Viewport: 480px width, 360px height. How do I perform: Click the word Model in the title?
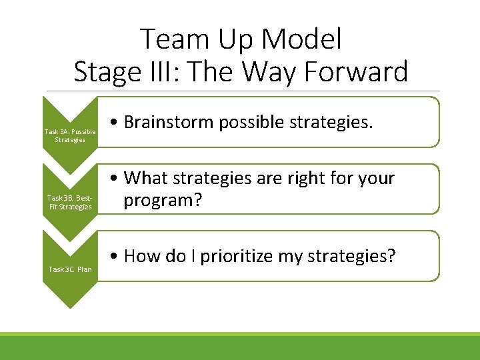click(x=301, y=40)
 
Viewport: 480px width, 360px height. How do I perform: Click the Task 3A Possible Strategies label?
click(x=69, y=135)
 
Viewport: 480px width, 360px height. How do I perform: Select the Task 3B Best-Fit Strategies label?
click(x=69, y=203)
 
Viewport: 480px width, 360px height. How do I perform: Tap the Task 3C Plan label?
click(x=70, y=269)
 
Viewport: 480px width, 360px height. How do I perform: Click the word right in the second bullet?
click(x=307, y=179)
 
